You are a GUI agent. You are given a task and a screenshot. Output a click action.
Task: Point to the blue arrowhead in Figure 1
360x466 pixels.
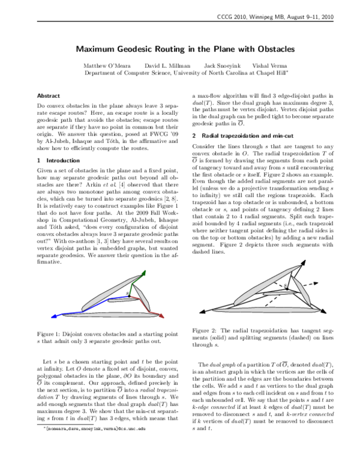[x=51, y=314]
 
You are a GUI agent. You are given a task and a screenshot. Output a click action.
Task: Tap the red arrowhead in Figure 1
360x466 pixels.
[x=159, y=314]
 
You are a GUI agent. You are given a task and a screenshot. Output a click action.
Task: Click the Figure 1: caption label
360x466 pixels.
[x=53, y=333]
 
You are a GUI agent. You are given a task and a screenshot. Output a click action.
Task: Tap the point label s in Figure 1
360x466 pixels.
[x=127, y=294]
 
